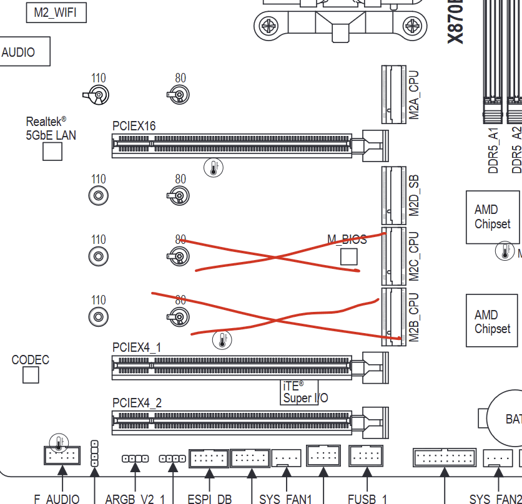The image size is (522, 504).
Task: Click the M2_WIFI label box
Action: click(56, 12)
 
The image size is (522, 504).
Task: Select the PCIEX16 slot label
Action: click(134, 126)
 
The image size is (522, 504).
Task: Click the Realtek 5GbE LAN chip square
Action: click(52, 151)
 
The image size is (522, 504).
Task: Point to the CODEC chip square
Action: click(31, 375)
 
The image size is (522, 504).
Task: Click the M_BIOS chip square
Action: click(348, 256)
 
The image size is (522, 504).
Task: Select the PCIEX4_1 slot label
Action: click(137, 347)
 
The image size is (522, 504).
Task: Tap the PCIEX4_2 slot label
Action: click(137, 403)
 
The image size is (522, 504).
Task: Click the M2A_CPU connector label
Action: click(413, 95)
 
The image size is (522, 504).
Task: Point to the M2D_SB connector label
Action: click(413, 195)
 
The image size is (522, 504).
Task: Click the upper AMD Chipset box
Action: click(492, 217)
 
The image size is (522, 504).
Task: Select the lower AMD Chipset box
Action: click(492, 321)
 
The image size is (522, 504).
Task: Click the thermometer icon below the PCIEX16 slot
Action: click(214, 167)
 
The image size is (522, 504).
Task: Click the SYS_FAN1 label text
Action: click(285, 498)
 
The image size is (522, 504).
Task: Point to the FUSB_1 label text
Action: click(368, 498)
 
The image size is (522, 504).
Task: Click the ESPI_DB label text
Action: click(209, 498)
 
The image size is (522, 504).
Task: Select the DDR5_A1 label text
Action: click(494, 150)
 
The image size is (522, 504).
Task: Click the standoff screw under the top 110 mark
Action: click(98, 95)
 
